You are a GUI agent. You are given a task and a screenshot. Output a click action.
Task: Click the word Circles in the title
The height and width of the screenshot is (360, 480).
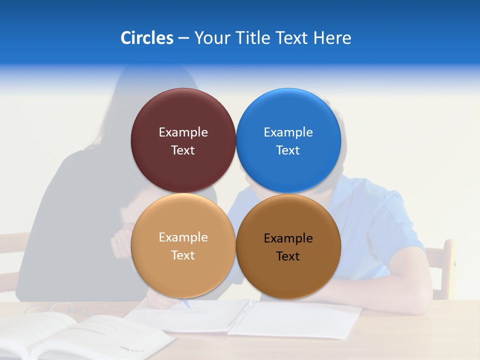pos(146,38)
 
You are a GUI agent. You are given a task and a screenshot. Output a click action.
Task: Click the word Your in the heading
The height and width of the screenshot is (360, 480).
pos(212,38)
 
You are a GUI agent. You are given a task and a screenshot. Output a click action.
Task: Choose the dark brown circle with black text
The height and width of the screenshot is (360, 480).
pos(288,275)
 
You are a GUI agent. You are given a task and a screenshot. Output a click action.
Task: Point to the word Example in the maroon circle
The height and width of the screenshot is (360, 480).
pos(183,132)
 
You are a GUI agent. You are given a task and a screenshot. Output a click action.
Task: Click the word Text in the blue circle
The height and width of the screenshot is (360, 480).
pos(288,150)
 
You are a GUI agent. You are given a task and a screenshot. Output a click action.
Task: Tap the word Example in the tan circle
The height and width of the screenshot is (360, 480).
pos(183,237)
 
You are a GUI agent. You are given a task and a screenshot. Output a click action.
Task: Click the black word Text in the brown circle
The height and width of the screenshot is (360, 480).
pos(288,256)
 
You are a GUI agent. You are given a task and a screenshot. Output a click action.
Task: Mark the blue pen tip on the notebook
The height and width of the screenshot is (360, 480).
pos(186,303)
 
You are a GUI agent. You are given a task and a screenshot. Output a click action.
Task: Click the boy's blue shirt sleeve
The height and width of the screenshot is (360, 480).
pos(385,220)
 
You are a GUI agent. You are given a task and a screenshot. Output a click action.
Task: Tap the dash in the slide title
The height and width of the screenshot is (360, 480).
pos(183,38)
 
